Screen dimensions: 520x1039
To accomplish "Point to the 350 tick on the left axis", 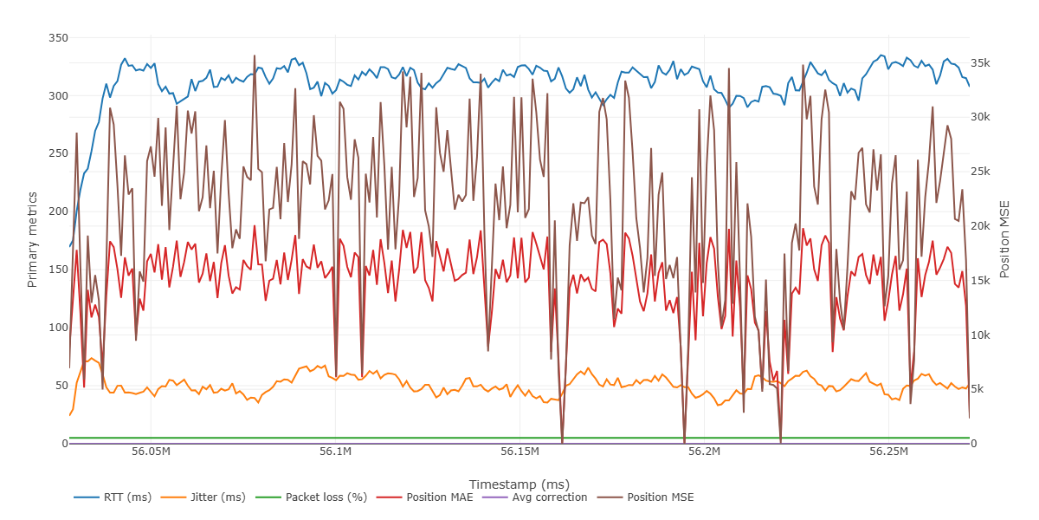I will coord(58,38).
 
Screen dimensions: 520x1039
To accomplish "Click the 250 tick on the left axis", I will coord(58,153).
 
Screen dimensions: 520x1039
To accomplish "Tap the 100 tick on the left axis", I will coord(58,328).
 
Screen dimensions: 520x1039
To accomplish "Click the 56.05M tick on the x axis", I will coord(151,452).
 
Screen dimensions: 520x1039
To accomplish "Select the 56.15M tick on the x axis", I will coord(519,452).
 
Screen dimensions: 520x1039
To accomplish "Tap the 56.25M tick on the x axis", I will coord(888,452).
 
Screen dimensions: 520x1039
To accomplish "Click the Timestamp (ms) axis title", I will coord(519,484).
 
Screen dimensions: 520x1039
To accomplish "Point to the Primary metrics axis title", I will coord(33,241).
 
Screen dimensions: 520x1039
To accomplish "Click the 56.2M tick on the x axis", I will coord(704,452).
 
